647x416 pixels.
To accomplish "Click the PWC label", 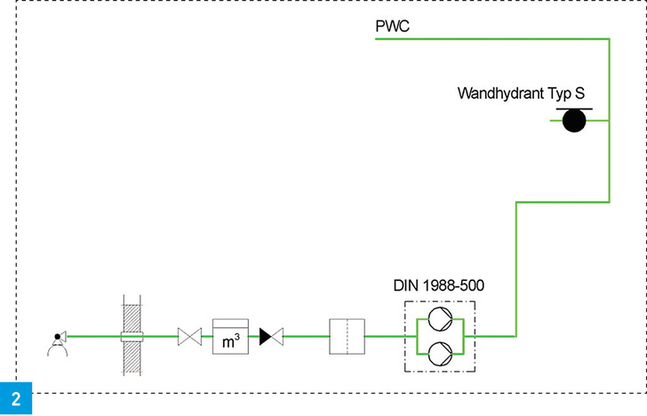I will coord(392,28).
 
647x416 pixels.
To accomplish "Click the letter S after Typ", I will coord(578,92).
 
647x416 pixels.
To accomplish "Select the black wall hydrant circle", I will coord(575,122).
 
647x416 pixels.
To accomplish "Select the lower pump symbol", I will coord(440,353).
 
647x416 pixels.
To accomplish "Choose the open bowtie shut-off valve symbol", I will coord(190,336).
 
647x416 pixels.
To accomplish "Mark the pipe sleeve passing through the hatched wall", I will coord(133,336).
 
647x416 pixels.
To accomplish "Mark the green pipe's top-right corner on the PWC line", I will coord(609,40).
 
